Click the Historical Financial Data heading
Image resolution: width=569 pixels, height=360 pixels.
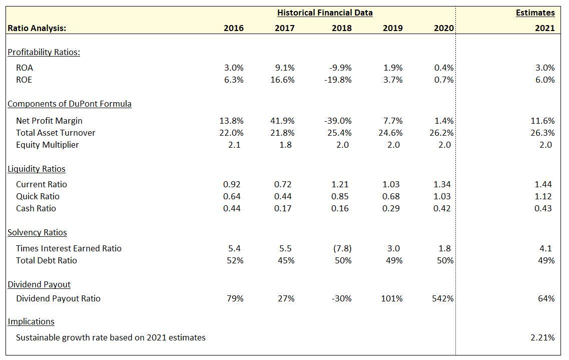(325, 13)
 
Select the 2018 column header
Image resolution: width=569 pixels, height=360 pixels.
(341, 28)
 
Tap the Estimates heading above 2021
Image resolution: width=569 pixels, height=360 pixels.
(535, 13)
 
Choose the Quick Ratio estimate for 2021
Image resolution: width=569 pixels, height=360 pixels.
(543, 196)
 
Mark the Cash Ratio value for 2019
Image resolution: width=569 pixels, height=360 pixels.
(391, 208)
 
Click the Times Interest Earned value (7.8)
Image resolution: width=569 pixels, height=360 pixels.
(342, 248)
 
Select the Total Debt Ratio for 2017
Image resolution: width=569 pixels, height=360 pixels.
(286, 260)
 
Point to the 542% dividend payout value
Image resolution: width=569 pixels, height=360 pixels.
(442, 298)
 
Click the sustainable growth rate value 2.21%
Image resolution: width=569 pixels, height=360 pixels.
(542, 337)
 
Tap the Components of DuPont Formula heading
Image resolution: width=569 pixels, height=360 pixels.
(70, 104)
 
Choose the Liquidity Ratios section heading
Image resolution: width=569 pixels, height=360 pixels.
(37, 169)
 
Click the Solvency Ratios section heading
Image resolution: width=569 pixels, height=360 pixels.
(38, 232)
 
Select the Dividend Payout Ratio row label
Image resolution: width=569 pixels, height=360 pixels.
(58, 298)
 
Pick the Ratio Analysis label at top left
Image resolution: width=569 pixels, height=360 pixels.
(37, 28)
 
